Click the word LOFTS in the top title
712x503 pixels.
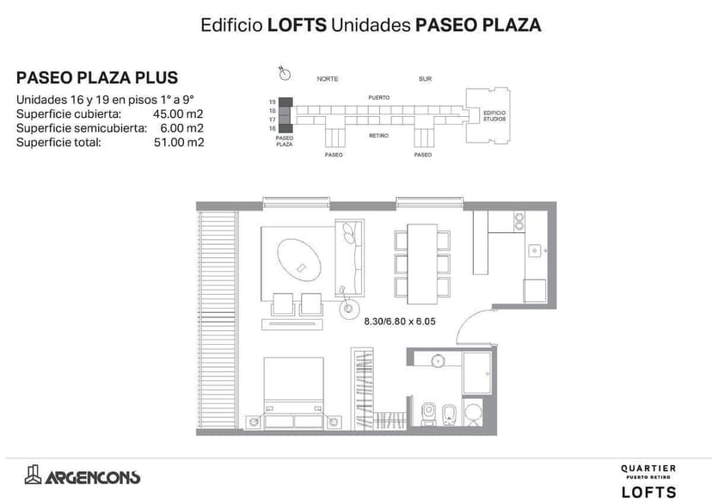pos(298,25)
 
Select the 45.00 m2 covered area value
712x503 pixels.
pos(178,113)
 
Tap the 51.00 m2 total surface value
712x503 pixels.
pos(178,143)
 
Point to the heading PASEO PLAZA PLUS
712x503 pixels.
pos(97,78)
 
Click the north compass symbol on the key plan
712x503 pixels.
pos(283,71)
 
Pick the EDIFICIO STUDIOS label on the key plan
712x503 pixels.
pos(494,116)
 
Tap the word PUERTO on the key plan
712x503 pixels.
pos(379,97)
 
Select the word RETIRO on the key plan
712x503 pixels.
pos(379,135)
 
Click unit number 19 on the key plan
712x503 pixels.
pos(272,101)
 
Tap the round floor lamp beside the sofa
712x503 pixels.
pos(349,308)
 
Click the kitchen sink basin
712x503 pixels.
pos(535,250)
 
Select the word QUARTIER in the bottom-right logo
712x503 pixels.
pos(648,469)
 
